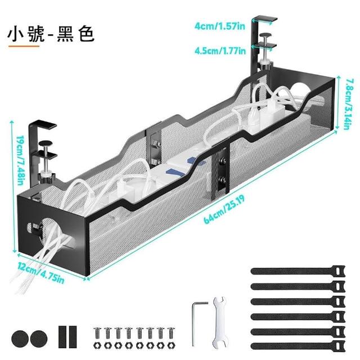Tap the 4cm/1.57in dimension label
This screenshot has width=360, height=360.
pos(219,26)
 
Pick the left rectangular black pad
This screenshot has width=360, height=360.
pos(61,336)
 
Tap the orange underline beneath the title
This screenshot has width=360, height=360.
pos(23,47)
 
